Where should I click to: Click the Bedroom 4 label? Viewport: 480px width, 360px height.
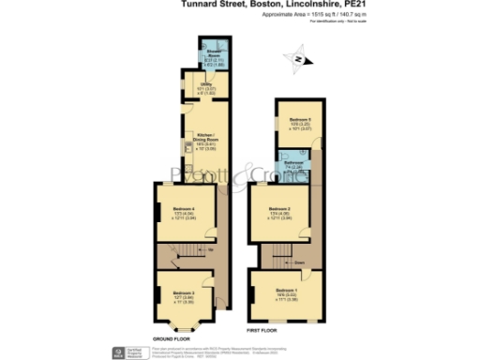tap(183, 208)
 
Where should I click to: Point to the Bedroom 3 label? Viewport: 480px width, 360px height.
tap(183, 292)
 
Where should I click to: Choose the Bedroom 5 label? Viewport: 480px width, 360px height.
tap(299, 120)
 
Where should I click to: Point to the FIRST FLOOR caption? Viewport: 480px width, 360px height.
tap(263, 331)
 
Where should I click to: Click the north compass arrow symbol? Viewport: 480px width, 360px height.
tap(298, 60)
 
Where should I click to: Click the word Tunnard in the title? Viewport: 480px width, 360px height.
tap(198, 4)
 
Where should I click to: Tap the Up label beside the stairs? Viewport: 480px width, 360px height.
tap(210, 251)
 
